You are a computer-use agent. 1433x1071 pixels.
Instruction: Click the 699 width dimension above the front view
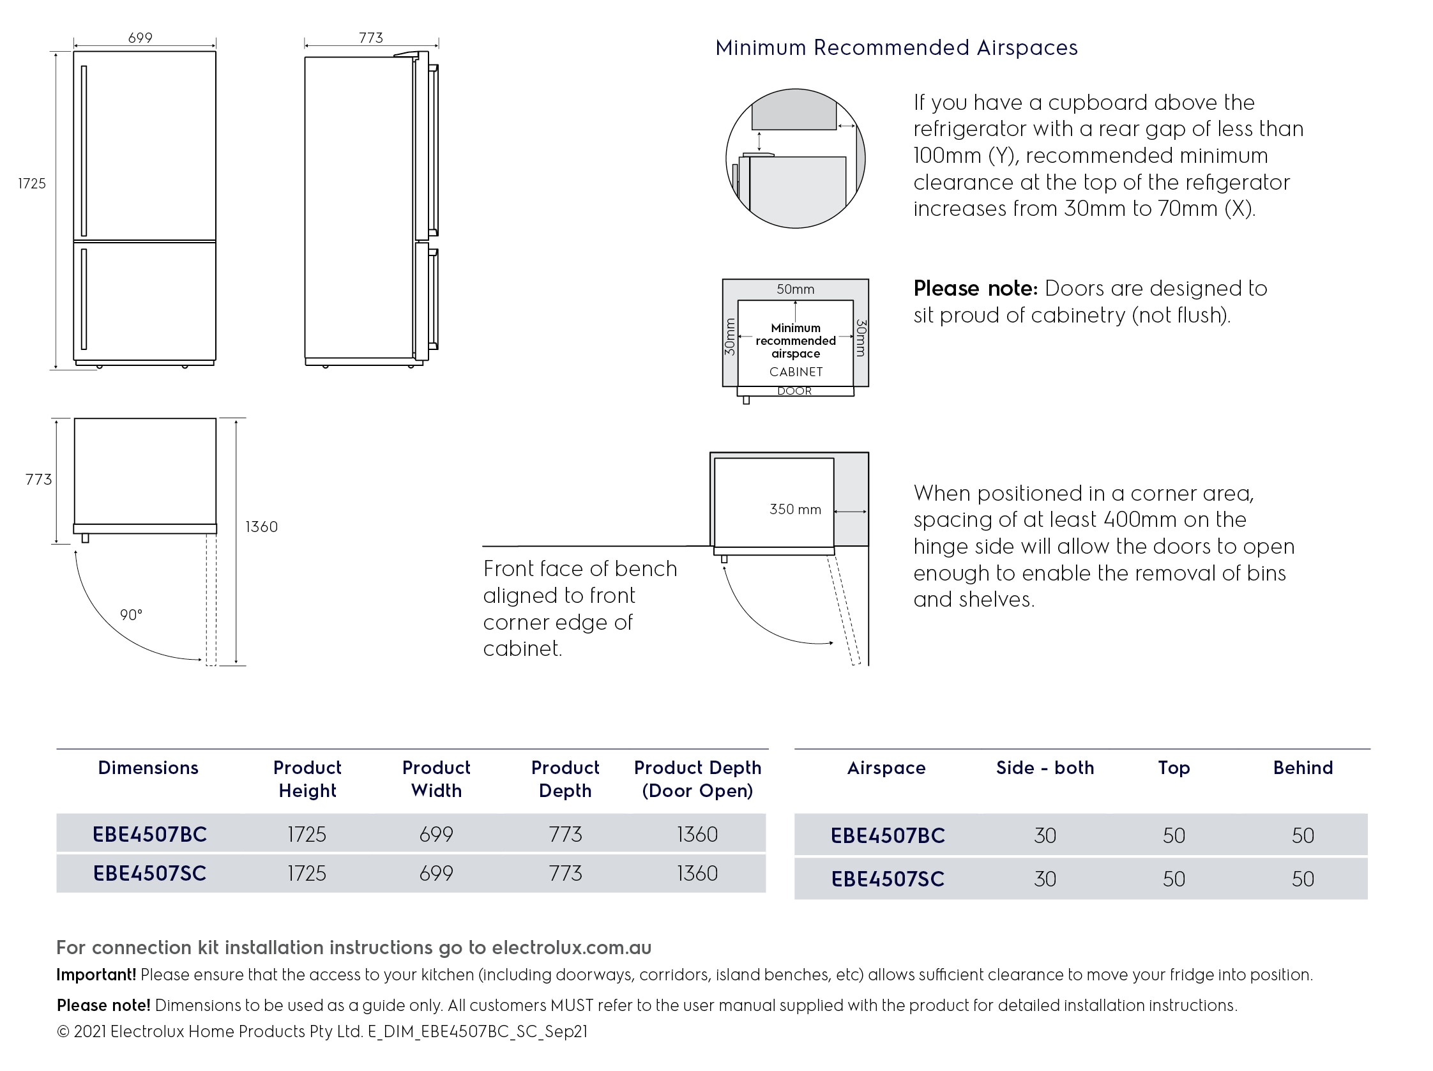pyautogui.click(x=140, y=38)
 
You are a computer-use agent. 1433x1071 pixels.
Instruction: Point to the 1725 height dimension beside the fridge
pyautogui.click(x=32, y=183)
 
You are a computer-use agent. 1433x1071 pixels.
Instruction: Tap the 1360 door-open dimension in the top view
pyautogui.click(x=261, y=527)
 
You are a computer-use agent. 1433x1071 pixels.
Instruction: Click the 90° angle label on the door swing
pyautogui.click(x=131, y=614)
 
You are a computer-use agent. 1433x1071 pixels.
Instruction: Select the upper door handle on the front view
pyautogui.click(x=84, y=150)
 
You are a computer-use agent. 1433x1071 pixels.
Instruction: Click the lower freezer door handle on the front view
pyautogui.click(x=84, y=299)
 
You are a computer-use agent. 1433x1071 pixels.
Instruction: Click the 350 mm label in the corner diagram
pyautogui.click(x=795, y=509)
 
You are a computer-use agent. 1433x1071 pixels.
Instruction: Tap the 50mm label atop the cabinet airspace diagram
pyautogui.click(x=795, y=289)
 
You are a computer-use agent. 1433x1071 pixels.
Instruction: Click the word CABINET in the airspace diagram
pyautogui.click(x=796, y=372)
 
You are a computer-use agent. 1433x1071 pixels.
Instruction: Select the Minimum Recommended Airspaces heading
pyautogui.click(x=896, y=48)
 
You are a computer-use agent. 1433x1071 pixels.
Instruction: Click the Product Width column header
pyautogui.click(x=436, y=779)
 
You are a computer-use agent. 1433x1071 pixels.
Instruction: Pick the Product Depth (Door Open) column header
pyautogui.click(x=697, y=779)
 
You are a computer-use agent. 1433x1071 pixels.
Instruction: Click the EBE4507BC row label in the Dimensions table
pyautogui.click(x=149, y=834)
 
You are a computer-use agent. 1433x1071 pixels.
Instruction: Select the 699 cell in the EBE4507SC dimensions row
pyautogui.click(x=436, y=874)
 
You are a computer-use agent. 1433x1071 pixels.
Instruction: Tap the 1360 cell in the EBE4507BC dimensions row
pyautogui.click(x=697, y=834)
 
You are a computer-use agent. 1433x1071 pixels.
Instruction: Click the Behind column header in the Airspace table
pyautogui.click(x=1302, y=768)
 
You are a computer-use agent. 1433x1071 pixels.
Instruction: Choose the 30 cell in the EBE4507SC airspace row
pyautogui.click(x=1044, y=879)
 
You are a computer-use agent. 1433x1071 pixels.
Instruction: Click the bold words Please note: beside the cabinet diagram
pyautogui.click(x=975, y=288)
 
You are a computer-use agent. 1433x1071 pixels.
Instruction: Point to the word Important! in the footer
pyautogui.click(x=96, y=975)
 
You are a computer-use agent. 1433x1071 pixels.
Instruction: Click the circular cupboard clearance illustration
pyautogui.click(x=795, y=158)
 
